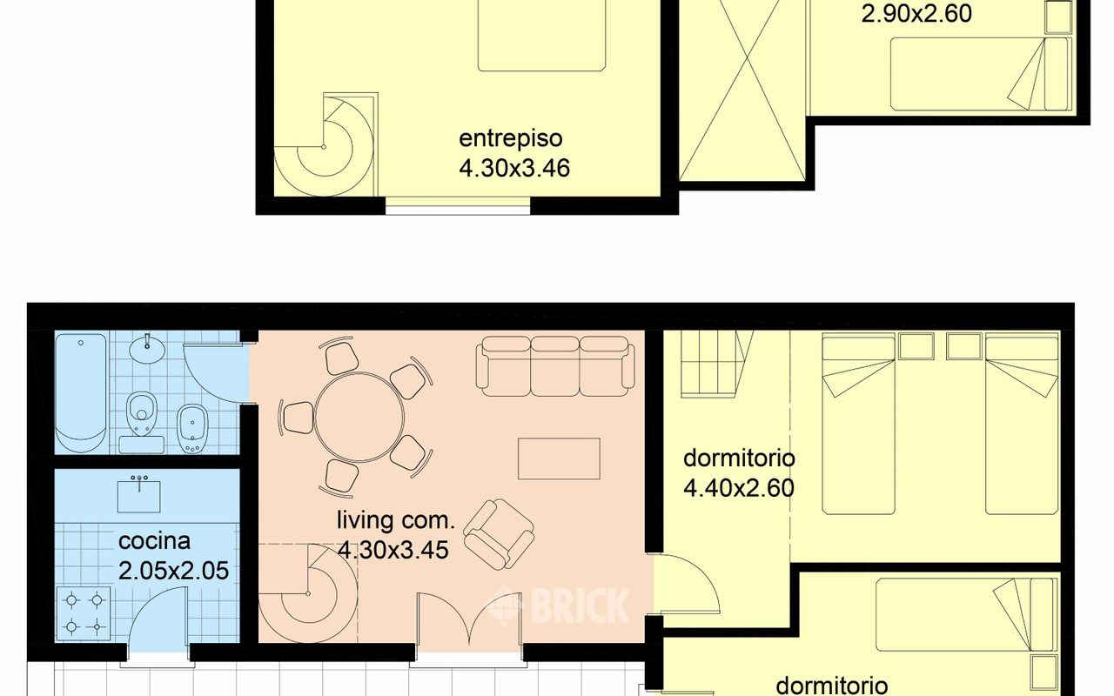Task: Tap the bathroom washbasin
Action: [148, 348]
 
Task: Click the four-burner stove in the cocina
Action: [84, 614]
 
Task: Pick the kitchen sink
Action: [138, 495]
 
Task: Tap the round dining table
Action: [359, 417]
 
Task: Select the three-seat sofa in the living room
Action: [555, 366]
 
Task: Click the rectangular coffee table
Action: [559, 458]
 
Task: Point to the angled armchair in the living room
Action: [499, 533]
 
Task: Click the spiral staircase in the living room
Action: [308, 593]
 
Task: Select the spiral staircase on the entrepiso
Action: [325, 145]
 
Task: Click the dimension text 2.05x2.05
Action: [173, 570]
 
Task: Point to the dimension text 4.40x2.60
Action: [739, 488]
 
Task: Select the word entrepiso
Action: [511, 138]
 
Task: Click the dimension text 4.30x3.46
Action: [514, 168]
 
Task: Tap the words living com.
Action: [396, 520]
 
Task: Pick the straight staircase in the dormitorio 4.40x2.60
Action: [716, 363]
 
